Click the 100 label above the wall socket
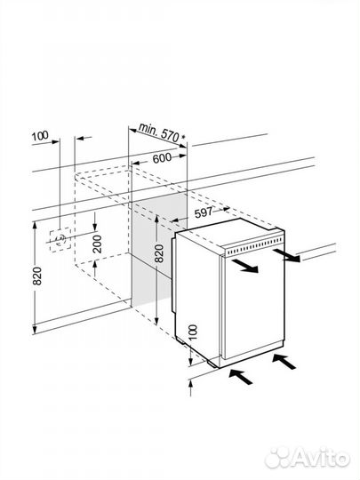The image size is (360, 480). click(x=40, y=136)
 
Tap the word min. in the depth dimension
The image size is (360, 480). click(x=148, y=129)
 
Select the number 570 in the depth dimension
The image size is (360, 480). click(x=170, y=135)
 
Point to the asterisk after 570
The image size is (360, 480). click(x=183, y=138)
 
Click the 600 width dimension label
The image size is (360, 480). click(x=162, y=158)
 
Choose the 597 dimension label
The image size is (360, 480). click(x=204, y=212)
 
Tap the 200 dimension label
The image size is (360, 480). click(x=98, y=244)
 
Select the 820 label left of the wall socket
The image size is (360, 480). click(x=37, y=276)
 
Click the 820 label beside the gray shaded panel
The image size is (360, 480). click(x=159, y=253)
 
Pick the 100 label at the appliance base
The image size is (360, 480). click(x=193, y=332)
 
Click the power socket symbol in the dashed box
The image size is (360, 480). click(x=60, y=240)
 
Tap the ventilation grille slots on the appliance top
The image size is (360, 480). click(x=255, y=247)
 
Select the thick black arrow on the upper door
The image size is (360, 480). click(x=245, y=266)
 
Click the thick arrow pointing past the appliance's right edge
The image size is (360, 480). click(x=286, y=256)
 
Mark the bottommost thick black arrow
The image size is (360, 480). click(x=241, y=377)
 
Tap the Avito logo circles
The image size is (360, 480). click(x=278, y=459)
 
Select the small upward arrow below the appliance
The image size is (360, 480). click(x=190, y=388)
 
